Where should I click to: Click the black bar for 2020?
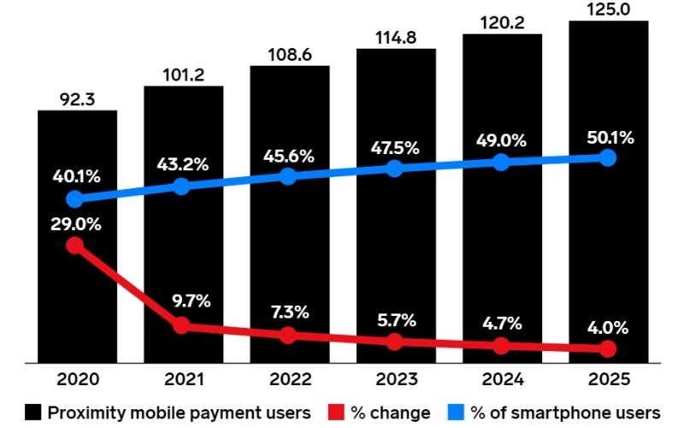click(x=77, y=282)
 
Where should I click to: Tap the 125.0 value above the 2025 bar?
click(x=608, y=9)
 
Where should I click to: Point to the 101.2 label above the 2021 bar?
click(x=183, y=75)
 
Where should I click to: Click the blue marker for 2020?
click(x=75, y=199)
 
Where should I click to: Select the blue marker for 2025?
click(x=608, y=158)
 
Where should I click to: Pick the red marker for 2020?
click(x=75, y=246)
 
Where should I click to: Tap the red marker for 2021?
click(x=181, y=325)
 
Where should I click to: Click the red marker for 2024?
click(x=502, y=346)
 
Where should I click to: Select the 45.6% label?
click(x=288, y=156)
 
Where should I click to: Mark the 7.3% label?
click(x=288, y=312)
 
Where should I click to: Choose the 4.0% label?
click(x=608, y=327)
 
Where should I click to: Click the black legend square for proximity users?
click(x=33, y=413)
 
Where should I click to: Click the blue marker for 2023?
click(x=395, y=169)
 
